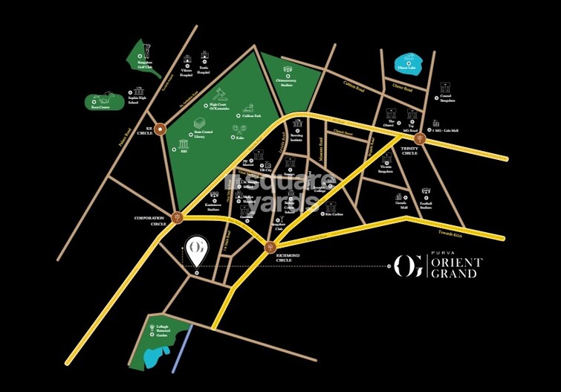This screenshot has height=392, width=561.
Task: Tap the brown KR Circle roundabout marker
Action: (159, 128)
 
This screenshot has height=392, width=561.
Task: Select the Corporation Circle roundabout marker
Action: (176, 217)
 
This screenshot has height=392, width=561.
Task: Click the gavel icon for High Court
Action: (219, 96)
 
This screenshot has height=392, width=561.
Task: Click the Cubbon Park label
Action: (253, 117)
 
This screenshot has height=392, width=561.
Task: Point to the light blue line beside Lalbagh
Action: (181, 347)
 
